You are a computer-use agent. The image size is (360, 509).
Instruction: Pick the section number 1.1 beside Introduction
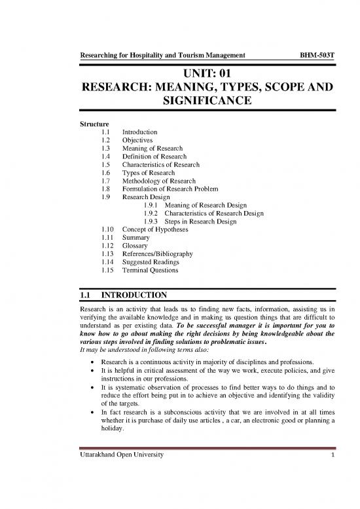101,132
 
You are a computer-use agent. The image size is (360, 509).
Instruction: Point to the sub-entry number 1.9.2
151,214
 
